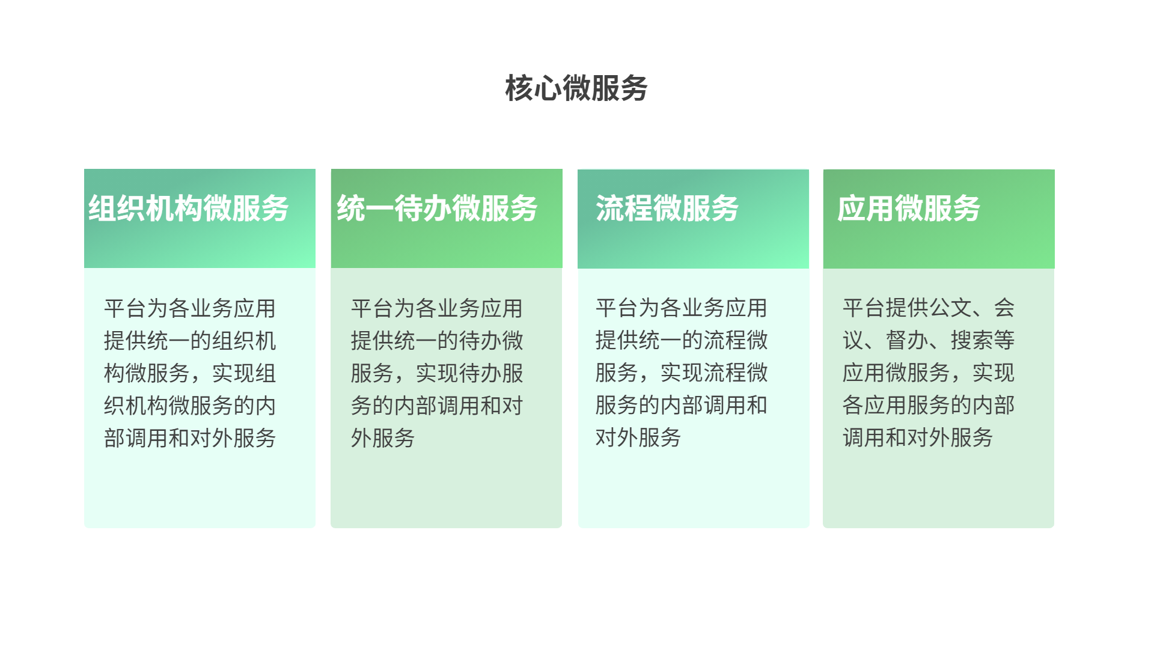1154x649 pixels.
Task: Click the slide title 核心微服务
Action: coord(576,88)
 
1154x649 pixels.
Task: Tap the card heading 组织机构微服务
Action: coord(189,209)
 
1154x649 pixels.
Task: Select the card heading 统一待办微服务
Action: coord(437,209)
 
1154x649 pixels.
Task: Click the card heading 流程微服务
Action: coord(667,209)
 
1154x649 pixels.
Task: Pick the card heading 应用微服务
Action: coord(909,209)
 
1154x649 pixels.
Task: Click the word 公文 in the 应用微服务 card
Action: coord(950,308)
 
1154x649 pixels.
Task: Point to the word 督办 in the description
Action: coord(907,340)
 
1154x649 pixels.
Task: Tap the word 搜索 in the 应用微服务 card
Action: coord(972,340)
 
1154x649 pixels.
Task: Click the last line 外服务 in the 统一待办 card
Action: coord(383,438)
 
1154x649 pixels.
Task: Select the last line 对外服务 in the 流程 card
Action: coord(638,437)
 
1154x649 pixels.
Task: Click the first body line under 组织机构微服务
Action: coord(190,308)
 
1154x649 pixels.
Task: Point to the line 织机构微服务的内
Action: coord(190,406)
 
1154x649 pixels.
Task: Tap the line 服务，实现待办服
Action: coord(437,373)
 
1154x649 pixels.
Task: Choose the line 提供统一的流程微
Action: coord(682,340)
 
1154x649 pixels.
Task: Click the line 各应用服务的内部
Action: coord(929,405)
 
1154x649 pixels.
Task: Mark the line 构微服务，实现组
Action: coord(190,373)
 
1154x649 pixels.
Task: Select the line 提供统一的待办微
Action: coord(437,341)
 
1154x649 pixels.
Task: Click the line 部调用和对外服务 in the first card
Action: coord(190,438)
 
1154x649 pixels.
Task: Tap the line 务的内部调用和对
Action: coord(437,406)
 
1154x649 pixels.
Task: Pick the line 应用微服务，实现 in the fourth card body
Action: coord(929,373)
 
